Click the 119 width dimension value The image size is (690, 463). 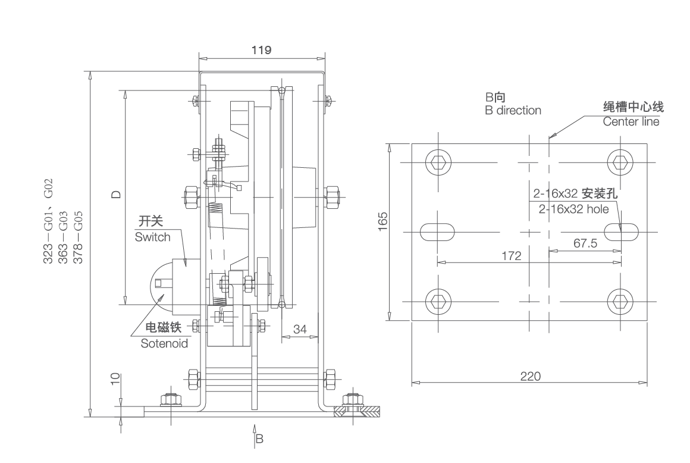[261, 51]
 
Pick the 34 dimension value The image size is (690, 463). [300, 329]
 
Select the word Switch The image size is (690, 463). [152, 237]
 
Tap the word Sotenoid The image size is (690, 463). [164, 343]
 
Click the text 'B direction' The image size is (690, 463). [513, 110]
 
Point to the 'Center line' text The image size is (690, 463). [631, 122]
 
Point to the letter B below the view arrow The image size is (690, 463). [259, 440]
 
